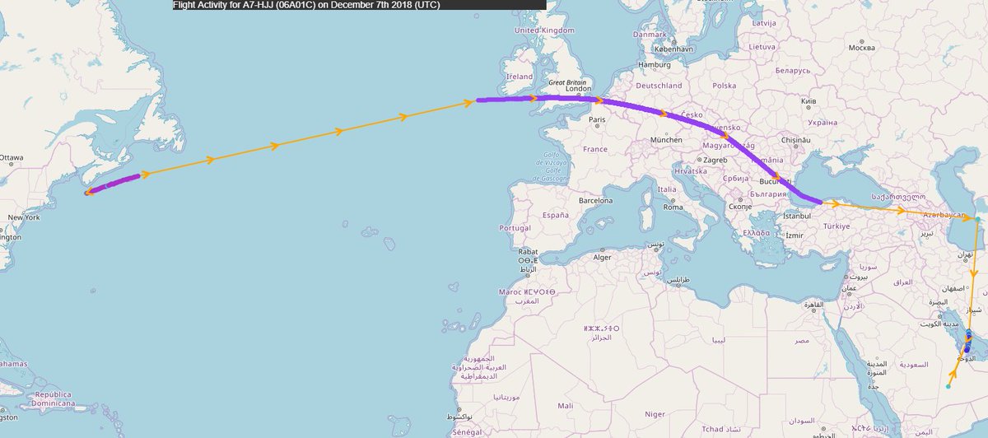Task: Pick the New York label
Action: pos(23,217)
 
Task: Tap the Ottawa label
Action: pos(12,157)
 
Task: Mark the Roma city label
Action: pos(673,207)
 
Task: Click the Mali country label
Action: pos(565,405)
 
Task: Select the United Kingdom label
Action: pos(543,30)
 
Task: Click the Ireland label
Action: pos(520,76)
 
